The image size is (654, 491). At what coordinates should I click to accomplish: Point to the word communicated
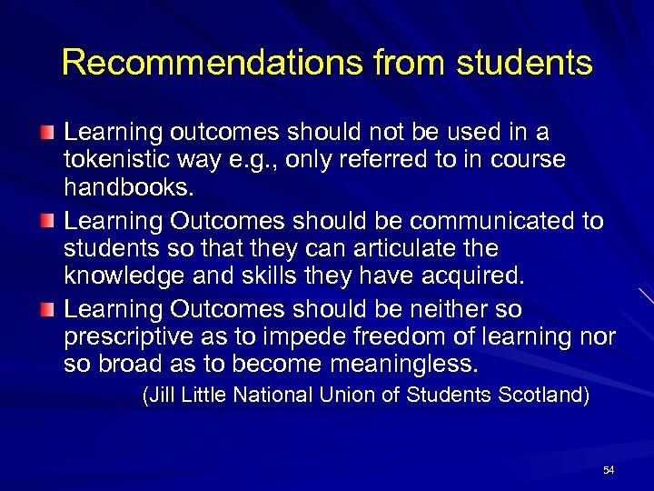click(x=486, y=222)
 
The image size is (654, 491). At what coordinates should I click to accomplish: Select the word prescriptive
click(x=127, y=338)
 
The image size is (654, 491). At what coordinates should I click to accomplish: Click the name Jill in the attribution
click(x=162, y=396)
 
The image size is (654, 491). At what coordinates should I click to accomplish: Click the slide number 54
click(x=609, y=470)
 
